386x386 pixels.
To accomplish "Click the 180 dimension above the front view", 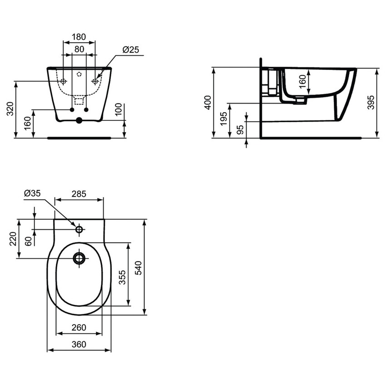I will (79, 36).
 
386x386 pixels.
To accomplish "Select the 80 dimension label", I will (79, 49).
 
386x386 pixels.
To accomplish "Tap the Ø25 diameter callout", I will (131, 50).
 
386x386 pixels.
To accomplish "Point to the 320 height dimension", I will (10, 109).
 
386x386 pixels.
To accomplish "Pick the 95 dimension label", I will (240, 129).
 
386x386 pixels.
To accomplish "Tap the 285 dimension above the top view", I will (79, 193).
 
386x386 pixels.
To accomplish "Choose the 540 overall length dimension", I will (139, 267).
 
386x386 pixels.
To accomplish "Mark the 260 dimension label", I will (79, 328).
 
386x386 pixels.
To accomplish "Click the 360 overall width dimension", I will (79, 345).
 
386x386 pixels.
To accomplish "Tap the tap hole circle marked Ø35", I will (79, 229).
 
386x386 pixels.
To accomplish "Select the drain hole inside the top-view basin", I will (79, 258).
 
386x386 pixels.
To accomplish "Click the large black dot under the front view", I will (79, 121).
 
